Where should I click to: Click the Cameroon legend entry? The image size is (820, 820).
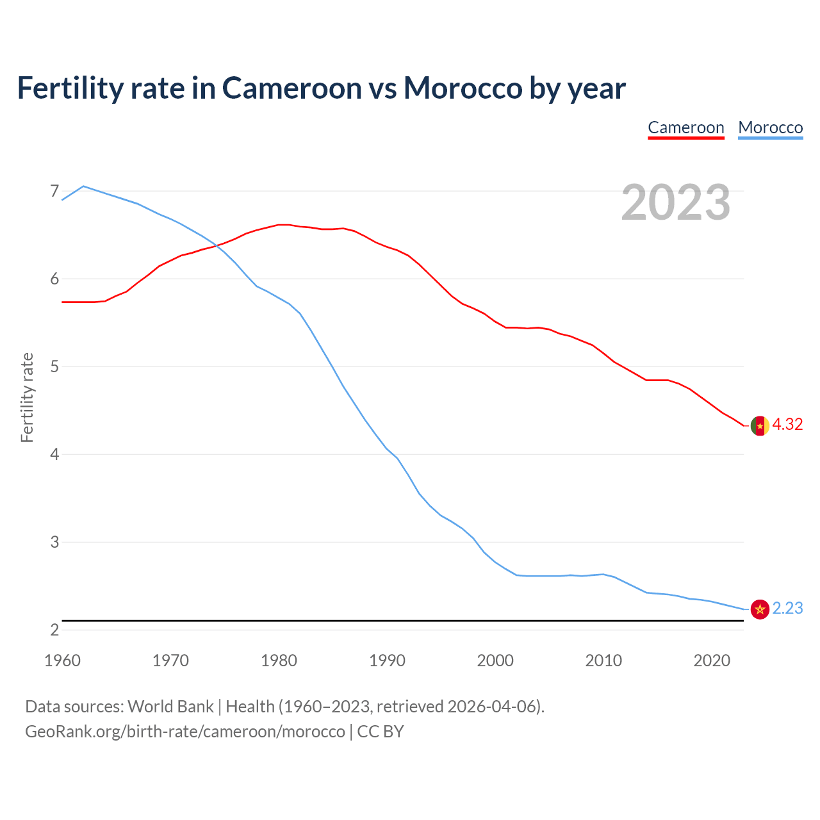click(x=685, y=127)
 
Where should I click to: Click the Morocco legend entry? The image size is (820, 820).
click(x=770, y=127)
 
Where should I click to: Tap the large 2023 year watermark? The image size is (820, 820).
click(x=675, y=202)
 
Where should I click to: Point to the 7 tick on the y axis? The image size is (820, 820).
click(x=54, y=191)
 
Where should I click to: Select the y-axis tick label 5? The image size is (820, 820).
click(x=54, y=366)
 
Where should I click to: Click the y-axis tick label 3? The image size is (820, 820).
click(x=54, y=542)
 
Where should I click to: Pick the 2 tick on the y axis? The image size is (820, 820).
click(x=54, y=630)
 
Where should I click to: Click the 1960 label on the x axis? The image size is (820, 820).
click(x=62, y=660)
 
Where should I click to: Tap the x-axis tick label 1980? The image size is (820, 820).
click(x=279, y=660)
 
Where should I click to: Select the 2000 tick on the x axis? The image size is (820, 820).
click(x=495, y=660)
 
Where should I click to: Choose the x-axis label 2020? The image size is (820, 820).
click(x=712, y=660)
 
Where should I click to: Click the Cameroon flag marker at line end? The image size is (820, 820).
click(x=760, y=425)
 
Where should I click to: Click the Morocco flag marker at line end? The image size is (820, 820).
click(x=760, y=609)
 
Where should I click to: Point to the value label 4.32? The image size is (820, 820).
click(x=787, y=425)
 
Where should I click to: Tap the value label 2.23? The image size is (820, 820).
click(x=787, y=609)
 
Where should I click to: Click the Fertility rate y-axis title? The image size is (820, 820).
click(x=27, y=397)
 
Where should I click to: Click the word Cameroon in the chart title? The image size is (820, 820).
click(x=291, y=88)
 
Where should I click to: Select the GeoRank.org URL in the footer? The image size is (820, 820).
click(x=185, y=732)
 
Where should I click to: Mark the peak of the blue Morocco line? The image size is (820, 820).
click(x=83, y=186)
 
